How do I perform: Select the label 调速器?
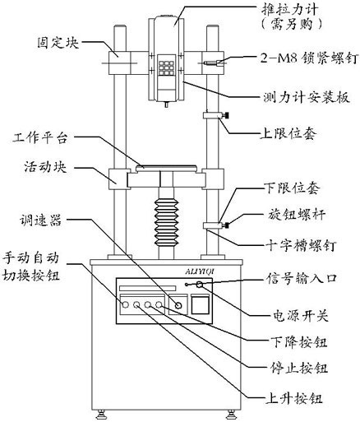pyautogui.click(x=36, y=220)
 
